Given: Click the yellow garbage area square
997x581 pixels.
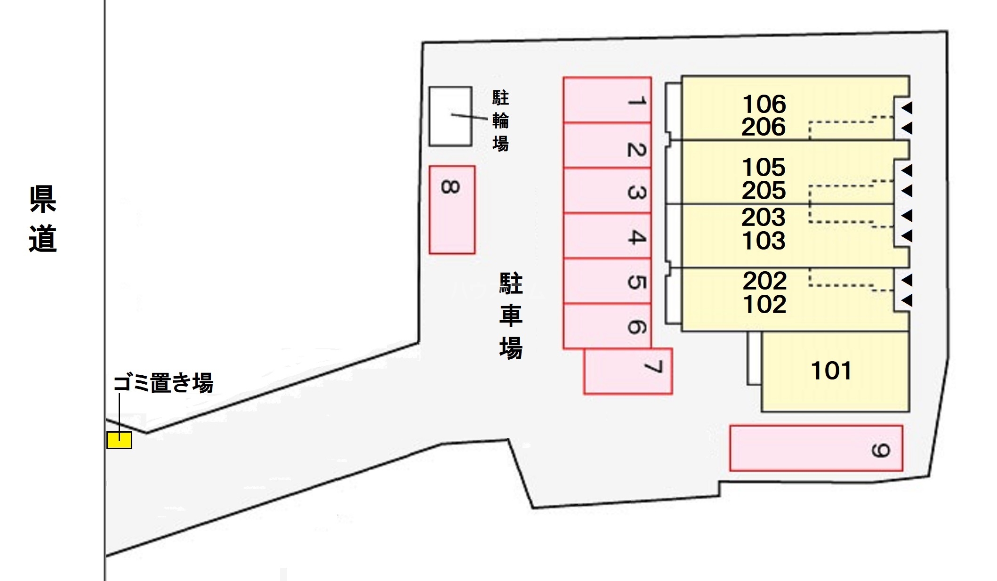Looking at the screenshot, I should (119, 440).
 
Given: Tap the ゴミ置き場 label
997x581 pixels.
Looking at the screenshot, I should (163, 383).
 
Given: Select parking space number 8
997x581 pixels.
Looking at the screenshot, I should (451, 210).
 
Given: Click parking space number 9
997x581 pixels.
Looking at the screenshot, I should (816, 448).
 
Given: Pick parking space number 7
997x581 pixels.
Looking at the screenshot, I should (627, 371).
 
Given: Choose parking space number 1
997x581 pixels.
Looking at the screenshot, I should (607, 100).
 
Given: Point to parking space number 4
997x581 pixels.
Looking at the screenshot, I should (607, 235).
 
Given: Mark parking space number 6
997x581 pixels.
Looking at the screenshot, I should (607, 326).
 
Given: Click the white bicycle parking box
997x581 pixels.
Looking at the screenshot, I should (450, 116).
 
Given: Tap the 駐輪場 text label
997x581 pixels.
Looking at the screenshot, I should (500, 121).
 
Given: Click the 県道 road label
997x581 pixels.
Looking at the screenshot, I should (43, 219).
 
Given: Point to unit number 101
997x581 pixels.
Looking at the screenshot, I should (831, 371).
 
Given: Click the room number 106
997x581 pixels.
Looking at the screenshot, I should (764, 104).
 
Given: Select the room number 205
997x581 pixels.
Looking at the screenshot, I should (764, 190).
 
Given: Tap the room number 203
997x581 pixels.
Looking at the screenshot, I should (764, 217).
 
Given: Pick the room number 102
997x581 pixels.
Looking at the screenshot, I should (764, 305).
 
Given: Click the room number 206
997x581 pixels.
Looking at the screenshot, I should (764, 127).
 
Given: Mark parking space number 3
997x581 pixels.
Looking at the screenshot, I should (607, 190).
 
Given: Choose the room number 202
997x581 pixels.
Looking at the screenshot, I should (764, 281).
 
